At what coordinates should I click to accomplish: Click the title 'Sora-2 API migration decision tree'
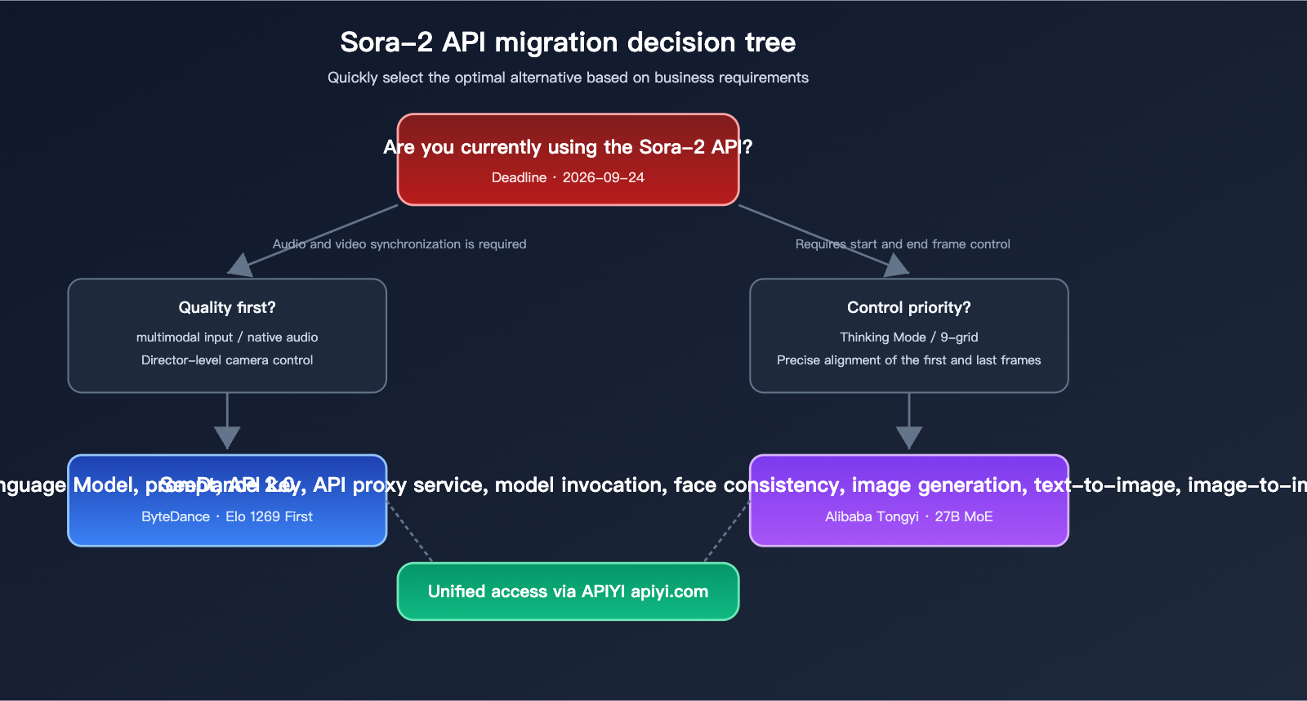[x=568, y=42]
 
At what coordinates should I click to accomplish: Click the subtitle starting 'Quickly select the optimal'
[x=568, y=78]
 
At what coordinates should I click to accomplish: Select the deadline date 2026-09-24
[x=603, y=177]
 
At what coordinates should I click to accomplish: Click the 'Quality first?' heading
[x=227, y=307]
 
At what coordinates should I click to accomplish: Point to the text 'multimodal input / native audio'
[x=227, y=337]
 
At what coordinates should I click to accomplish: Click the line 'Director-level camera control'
[x=227, y=360]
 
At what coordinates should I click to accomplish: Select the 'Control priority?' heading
[x=908, y=307]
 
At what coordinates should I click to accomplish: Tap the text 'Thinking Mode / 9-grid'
[x=908, y=337]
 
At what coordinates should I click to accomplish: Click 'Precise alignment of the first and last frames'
[x=908, y=360]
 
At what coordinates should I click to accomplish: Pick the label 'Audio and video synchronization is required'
[x=399, y=244]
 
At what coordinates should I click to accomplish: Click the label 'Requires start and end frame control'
[x=903, y=244]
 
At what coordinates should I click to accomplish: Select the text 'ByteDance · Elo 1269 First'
[x=227, y=516]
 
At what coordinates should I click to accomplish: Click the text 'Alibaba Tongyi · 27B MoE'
[x=908, y=516]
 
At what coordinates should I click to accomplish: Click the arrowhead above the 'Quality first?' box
[x=239, y=266]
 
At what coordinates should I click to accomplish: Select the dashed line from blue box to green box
[x=410, y=533]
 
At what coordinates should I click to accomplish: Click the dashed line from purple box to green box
[x=726, y=533]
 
